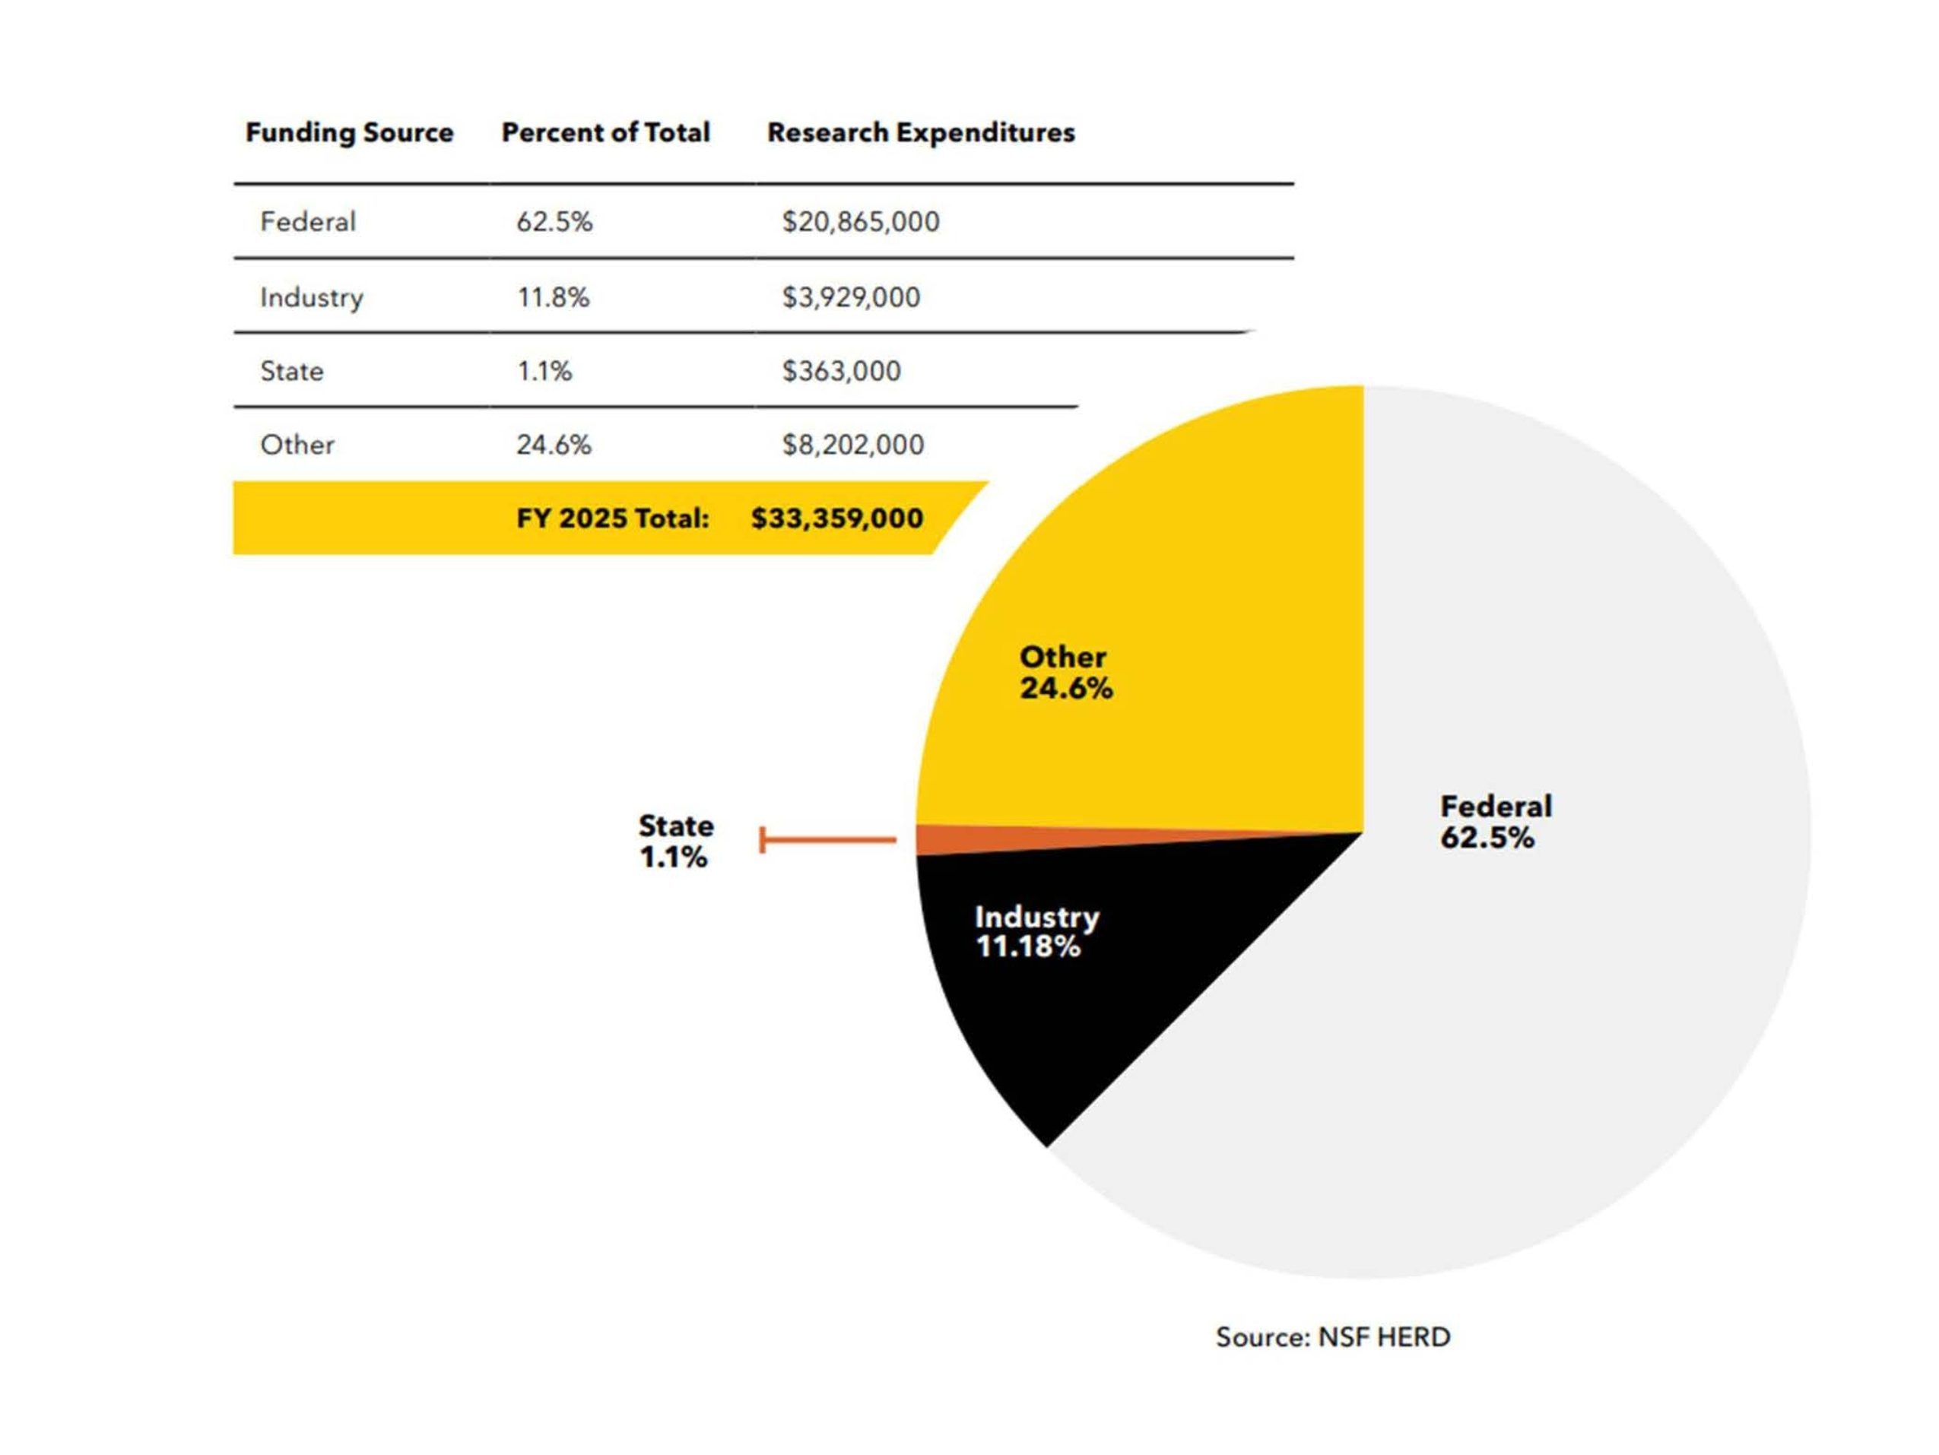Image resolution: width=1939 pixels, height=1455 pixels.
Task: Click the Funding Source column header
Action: click(x=349, y=132)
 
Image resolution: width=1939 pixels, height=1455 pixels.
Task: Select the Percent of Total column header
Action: click(x=605, y=132)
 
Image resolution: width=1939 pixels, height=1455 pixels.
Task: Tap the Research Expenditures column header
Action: click(x=920, y=132)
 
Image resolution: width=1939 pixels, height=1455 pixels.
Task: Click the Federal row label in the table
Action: click(x=308, y=222)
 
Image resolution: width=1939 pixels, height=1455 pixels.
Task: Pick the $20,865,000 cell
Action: click(x=860, y=222)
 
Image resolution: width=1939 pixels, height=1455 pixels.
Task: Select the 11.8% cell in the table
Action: click(x=553, y=297)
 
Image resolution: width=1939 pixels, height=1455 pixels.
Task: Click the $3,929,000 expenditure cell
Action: click(x=850, y=297)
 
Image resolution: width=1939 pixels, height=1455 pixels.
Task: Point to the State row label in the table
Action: click(x=292, y=371)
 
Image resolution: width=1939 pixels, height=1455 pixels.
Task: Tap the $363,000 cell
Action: click(x=841, y=371)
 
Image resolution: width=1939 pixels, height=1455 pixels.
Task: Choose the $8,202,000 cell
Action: click(x=852, y=445)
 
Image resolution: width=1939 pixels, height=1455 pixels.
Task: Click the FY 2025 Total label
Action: click(x=612, y=518)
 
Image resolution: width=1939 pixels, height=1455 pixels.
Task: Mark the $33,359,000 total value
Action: click(x=836, y=518)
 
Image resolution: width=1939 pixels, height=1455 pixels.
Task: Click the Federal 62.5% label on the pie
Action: click(x=1495, y=821)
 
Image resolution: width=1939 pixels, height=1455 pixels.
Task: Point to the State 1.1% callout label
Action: click(x=675, y=841)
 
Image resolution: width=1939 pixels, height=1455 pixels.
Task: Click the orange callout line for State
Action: click(x=828, y=840)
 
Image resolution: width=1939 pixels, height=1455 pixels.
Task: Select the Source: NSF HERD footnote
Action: click(x=1332, y=1336)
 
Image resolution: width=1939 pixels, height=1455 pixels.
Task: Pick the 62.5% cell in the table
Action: click(x=554, y=222)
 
